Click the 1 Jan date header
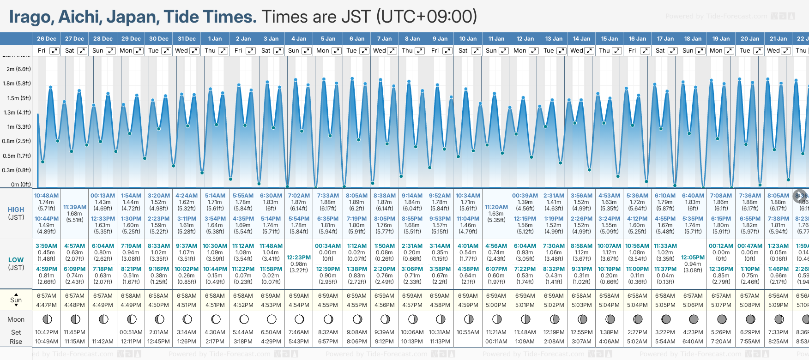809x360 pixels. click(215, 39)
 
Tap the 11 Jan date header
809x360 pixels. click(496, 39)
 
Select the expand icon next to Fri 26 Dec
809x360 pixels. click(54, 51)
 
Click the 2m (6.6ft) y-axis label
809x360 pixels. click(19, 69)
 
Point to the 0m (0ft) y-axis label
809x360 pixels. click(21, 185)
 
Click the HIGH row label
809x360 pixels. click(16, 210)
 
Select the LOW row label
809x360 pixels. click(16, 260)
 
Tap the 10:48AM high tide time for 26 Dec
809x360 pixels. click(47, 196)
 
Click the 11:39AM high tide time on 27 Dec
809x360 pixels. click(75, 207)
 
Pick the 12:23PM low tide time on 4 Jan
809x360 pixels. click(299, 258)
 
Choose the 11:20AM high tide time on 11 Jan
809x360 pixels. click(496, 207)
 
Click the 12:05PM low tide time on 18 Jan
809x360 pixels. click(693, 258)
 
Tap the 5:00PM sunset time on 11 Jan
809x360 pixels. click(496, 305)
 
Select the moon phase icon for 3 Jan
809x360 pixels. click(272, 319)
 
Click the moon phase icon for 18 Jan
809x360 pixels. click(693, 319)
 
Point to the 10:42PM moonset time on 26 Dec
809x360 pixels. click(47, 332)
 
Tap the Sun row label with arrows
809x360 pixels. click(16, 300)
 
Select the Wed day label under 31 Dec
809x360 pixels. click(181, 51)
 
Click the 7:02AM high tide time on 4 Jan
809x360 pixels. click(299, 196)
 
